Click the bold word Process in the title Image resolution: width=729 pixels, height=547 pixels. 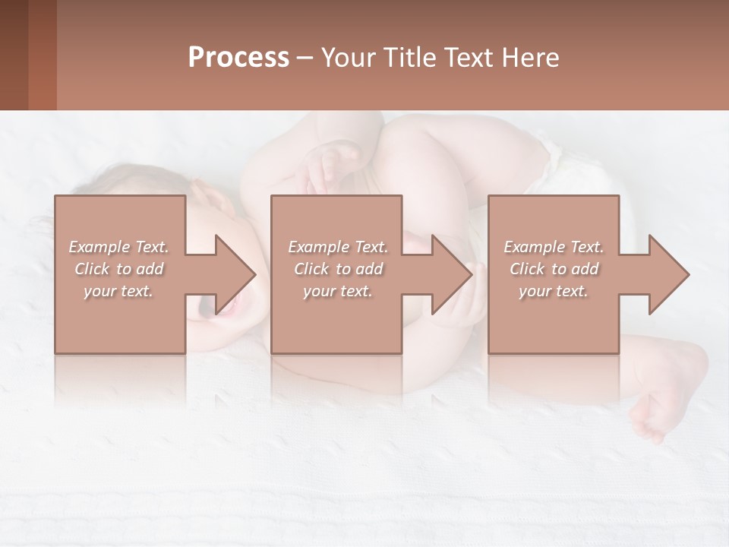[x=238, y=58]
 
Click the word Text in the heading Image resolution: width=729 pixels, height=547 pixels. [x=466, y=58]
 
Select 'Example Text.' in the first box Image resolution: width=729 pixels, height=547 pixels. [x=118, y=247]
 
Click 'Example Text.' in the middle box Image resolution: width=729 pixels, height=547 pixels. [x=337, y=247]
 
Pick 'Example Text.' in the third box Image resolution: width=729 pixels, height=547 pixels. [x=554, y=247]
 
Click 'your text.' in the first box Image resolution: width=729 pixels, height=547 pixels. [x=118, y=291]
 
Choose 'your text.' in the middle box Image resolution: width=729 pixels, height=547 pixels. [x=337, y=291]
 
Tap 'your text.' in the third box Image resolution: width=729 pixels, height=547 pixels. [x=554, y=291]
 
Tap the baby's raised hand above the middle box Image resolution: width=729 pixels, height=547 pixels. [x=331, y=163]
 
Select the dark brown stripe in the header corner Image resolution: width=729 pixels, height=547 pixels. [x=14, y=55]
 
